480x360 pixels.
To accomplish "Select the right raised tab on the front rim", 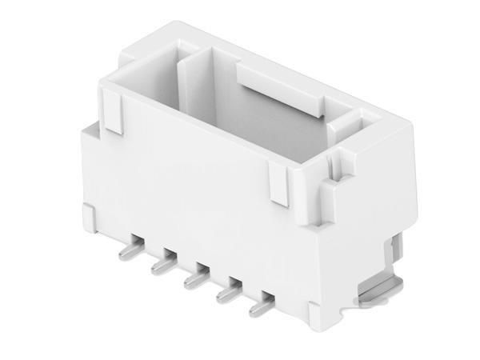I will (x=280, y=186).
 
